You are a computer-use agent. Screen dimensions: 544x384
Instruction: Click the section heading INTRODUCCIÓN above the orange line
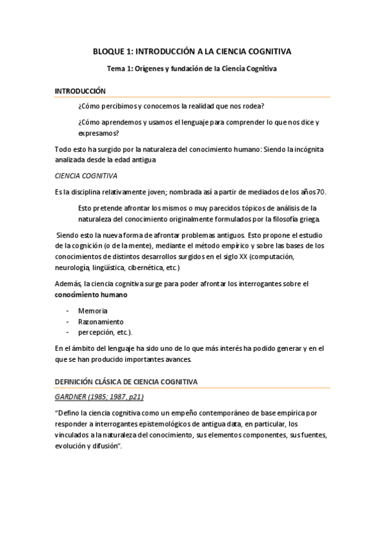pyautogui.click(x=80, y=91)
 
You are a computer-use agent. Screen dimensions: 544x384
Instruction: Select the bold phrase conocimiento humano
pyautogui.click(x=90, y=294)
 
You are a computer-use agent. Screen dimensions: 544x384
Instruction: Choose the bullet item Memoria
pyautogui.click(x=92, y=310)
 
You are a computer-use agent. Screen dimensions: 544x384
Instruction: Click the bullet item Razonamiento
pyautogui.click(x=100, y=321)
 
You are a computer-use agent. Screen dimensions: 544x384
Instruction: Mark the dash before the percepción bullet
pyautogui.click(x=67, y=332)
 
